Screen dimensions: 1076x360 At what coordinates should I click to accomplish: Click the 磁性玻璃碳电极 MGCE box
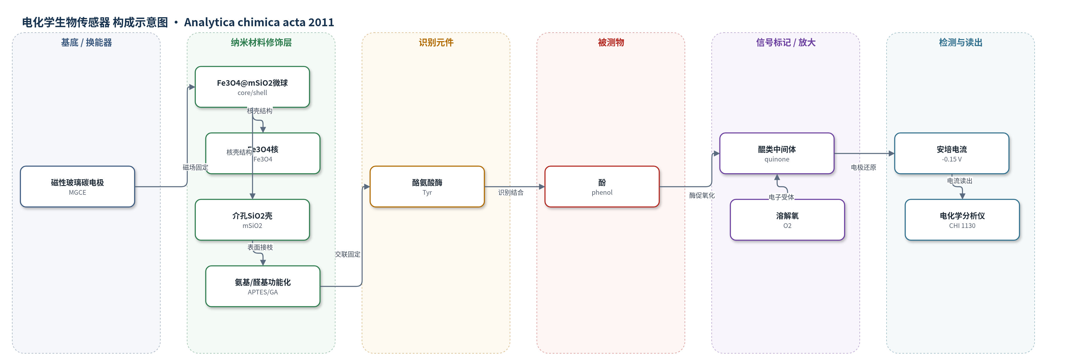pyautogui.click(x=77, y=187)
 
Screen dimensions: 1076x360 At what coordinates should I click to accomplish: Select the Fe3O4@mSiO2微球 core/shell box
pyautogui.click(x=252, y=87)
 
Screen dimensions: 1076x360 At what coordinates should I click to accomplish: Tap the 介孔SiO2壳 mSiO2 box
pyautogui.click(x=252, y=220)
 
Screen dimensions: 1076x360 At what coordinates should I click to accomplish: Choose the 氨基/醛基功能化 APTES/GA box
pyautogui.click(x=263, y=286)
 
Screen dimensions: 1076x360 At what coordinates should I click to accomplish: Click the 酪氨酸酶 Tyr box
pyautogui.click(x=427, y=187)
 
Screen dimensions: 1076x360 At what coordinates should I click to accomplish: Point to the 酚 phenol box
pyautogui.click(x=602, y=187)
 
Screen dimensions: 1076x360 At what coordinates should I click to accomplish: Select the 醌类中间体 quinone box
pyautogui.click(x=777, y=153)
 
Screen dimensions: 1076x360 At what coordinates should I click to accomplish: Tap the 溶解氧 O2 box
pyautogui.click(x=787, y=220)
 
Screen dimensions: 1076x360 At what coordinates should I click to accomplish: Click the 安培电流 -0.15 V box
pyautogui.click(x=952, y=153)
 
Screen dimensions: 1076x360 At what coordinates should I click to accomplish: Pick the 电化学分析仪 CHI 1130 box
pyautogui.click(x=962, y=220)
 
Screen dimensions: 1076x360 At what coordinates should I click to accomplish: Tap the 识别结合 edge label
pyautogui.click(x=510, y=192)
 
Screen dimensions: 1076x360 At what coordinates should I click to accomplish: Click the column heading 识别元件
pyautogui.click(x=436, y=43)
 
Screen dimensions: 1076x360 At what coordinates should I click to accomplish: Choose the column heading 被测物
pyautogui.click(x=611, y=43)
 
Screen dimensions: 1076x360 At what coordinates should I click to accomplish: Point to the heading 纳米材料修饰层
pyautogui.click(x=261, y=43)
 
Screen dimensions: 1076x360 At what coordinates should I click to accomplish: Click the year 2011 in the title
pyautogui.click(x=321, y=22)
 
